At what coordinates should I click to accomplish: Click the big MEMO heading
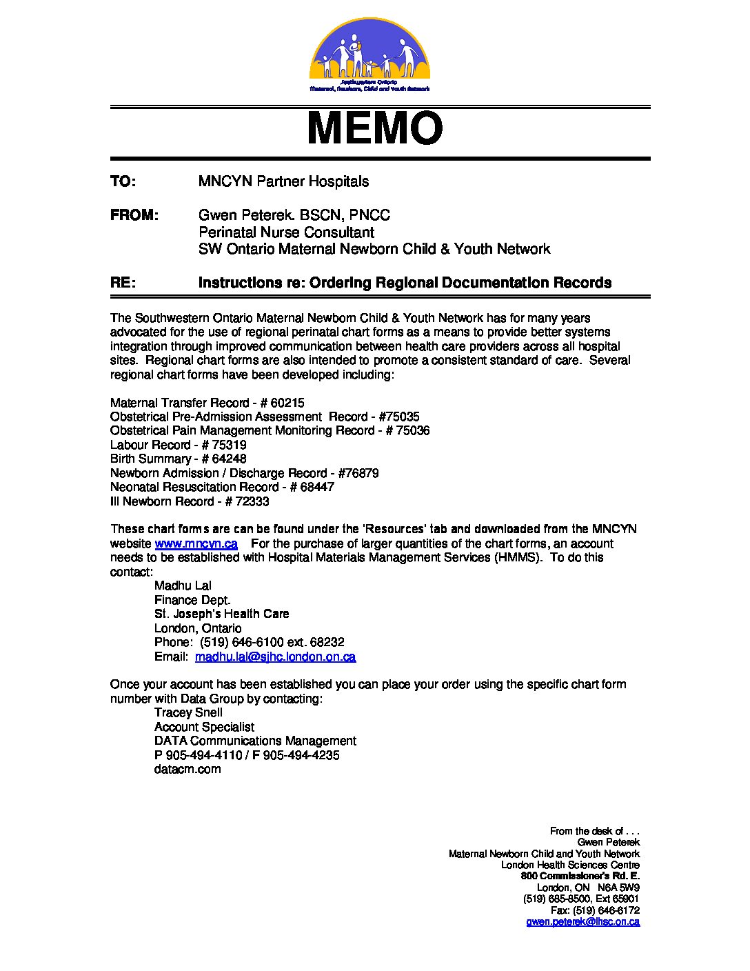coord(374,129)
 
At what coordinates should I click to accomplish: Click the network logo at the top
coord(369,55)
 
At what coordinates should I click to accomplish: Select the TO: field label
coord(123,181)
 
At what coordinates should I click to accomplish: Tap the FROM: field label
coord(134,215)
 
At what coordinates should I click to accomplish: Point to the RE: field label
coord(123,283)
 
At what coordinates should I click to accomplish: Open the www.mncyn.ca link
coord(196,543)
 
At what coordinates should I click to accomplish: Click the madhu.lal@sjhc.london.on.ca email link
coord(275,657)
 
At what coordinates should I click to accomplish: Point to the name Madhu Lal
coord(183,585)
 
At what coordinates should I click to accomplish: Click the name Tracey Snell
coord(188,712)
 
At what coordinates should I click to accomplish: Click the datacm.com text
coord(187,769)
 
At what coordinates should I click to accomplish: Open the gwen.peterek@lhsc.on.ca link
coord(582,921)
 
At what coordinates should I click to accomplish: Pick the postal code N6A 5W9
coord(618,888)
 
